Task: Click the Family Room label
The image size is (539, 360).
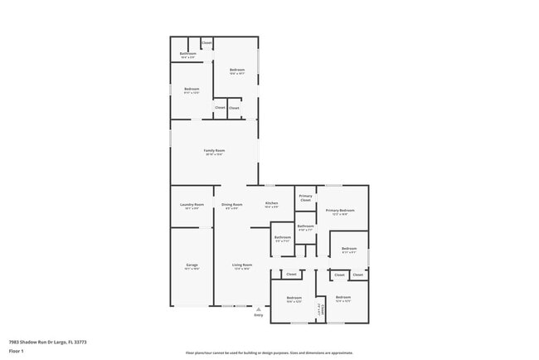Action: point(215,151)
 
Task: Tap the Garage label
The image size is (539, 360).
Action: point(192,265)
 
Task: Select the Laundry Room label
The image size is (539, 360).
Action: point(192,204)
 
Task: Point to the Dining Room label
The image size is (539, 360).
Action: point(232,204)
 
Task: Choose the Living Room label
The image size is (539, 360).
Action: point(242,265)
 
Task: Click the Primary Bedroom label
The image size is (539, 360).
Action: point(340,211)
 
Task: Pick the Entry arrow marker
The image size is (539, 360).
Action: point(258,308)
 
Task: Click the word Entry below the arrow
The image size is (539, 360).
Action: point(258,315)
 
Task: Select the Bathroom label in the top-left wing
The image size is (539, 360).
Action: point(187,55)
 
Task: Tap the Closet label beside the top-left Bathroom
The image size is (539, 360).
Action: point(206,42)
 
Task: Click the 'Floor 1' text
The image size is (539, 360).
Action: point(17,350)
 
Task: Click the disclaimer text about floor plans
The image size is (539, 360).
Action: point(269,353)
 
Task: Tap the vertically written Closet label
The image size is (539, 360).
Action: point(321,309)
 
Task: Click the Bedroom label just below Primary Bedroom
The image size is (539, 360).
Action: point(349,248)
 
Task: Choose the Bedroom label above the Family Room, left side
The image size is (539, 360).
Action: point(191,90)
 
